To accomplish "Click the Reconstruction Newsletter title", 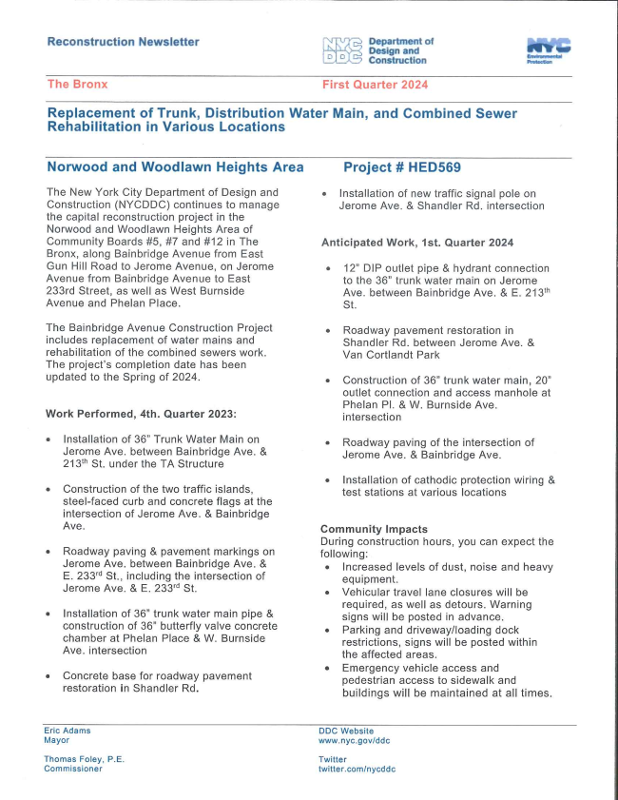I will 123,42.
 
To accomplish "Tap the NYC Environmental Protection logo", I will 548,50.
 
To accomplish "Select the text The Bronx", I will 77,85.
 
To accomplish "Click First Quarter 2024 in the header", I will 375,85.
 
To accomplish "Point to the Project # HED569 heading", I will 401,167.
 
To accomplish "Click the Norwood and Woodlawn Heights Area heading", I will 175,167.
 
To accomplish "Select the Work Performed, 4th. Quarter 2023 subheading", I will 139,414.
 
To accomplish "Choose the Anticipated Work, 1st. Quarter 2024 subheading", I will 416,243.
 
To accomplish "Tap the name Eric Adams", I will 68,731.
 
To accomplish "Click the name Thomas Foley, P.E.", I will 84,759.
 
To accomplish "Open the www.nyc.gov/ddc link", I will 354,740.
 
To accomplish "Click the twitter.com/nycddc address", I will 357,769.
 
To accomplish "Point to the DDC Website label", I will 346,731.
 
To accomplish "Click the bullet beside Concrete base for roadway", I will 48,676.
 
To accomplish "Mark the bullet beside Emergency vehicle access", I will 326,669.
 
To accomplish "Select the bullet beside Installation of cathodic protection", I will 326,480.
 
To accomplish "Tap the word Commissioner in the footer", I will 72,769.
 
